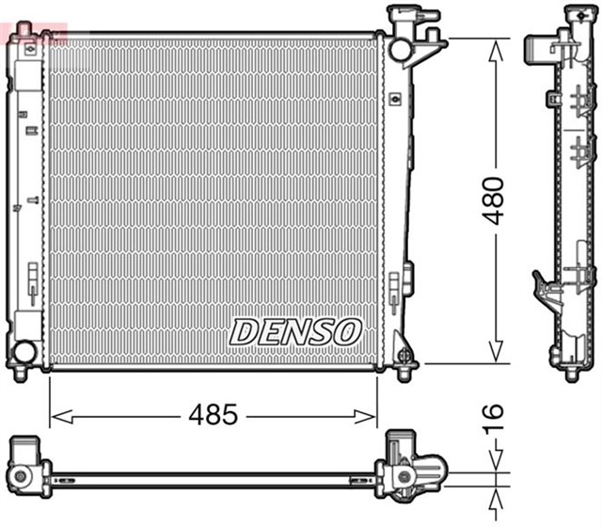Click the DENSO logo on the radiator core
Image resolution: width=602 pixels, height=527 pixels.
(x=295, y=331)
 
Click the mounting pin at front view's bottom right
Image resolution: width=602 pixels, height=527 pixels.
(x=405, y=362)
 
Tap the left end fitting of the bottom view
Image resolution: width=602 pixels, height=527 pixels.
(x=28, y=467)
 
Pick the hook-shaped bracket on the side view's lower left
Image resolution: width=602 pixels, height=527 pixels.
(x=545, y=286)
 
